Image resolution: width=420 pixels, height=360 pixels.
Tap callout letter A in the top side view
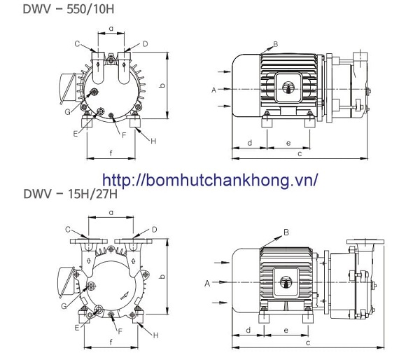pos(213,90)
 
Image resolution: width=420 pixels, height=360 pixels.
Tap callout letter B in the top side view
pos(275,44)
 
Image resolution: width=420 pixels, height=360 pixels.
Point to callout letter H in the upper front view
pos(153,141)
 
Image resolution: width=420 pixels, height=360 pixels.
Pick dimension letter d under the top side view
pos(249,143)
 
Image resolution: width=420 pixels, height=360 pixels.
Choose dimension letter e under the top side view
pos(288,143)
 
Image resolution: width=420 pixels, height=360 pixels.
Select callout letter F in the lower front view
pos(120,330)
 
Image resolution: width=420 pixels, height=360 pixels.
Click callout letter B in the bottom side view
pos(286,231)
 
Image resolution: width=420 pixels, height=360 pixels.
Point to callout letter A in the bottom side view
pos(206,283)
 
